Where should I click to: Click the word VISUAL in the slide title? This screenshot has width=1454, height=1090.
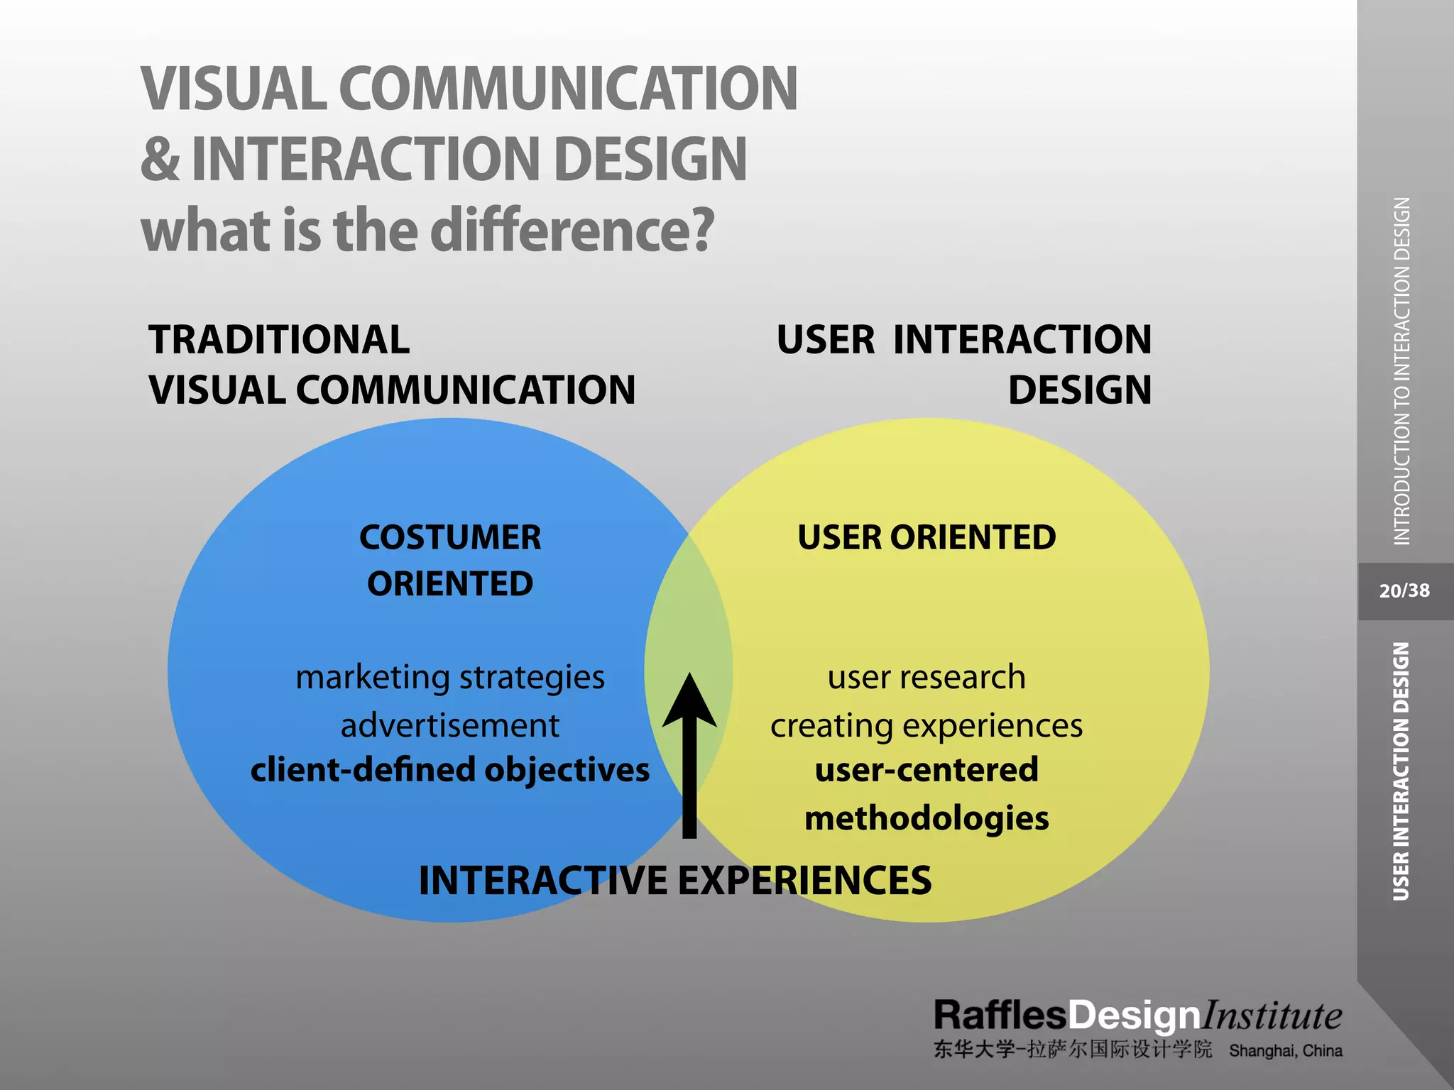tap(234, 89)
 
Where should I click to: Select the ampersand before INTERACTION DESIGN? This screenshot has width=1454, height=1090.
tap(160, 159)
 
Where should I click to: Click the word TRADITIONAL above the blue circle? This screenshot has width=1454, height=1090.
tap(279, 339)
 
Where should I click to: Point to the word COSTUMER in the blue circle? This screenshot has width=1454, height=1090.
tap(450, 537)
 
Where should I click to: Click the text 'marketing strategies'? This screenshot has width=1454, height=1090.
tap(450, 678)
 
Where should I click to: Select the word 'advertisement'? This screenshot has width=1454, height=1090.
tap(450, 726)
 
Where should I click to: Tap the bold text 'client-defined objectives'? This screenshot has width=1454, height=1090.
tap(450, 770)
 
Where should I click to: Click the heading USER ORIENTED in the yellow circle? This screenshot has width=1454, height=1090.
tap(926, 537)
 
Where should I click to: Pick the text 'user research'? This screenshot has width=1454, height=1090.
tap(926, 678)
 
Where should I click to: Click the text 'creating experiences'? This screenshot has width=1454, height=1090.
tap(926, 726)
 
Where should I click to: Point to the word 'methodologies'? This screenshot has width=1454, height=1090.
tap(926, 818)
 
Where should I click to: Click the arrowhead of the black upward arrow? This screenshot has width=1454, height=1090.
tap(689, 703)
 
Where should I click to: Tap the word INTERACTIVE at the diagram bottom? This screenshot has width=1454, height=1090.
tap(543, 881)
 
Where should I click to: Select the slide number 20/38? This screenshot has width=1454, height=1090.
tap(1404, 591)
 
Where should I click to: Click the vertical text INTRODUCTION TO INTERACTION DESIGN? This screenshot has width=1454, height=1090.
tap(1402, 370)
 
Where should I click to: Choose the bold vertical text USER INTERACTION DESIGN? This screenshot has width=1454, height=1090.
tap(1401, 771)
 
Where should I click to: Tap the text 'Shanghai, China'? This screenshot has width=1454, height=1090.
tap(1285, 1051)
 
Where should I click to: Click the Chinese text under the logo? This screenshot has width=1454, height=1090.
tap(1072, 1050)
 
